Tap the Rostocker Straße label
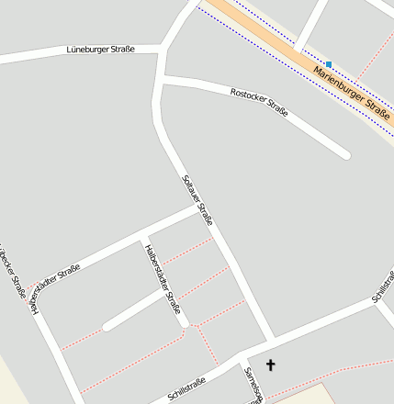(260, 102)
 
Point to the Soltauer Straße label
(198, 200)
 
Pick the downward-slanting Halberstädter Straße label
(163, 279)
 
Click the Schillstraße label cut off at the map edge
(382, 288)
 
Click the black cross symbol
(271, 365)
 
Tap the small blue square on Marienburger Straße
(329, 64)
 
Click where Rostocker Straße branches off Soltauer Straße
(161, 83)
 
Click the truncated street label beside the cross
(253, 386)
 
